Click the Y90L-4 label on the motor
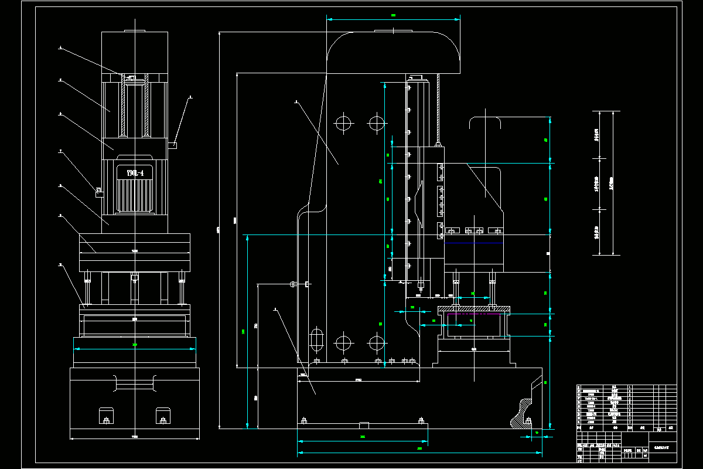(135, 173)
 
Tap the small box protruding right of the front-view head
(174, 145)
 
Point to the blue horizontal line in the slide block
(473, 243)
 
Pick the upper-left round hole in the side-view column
(343, 123)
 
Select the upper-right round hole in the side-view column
(376, 123)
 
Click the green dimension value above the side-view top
(394, 15)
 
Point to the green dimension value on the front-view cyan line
(135, 345)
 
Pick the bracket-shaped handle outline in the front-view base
(135, 384)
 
